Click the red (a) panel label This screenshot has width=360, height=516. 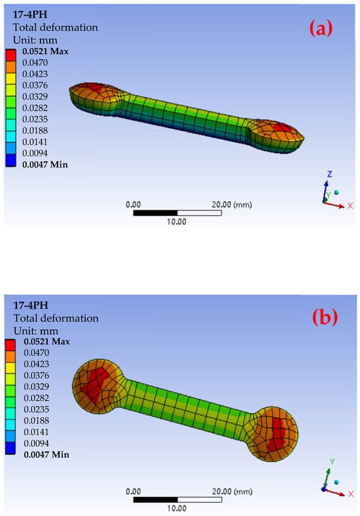point(321,29)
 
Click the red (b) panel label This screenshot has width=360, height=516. point(325,318)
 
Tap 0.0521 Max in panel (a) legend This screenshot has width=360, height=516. point(45,51)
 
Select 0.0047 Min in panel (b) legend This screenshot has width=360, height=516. point(46,455)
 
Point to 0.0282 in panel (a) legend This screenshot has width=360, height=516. point(35,108)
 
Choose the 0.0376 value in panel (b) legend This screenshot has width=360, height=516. point(36,375)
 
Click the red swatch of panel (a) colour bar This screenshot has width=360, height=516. point(10,55)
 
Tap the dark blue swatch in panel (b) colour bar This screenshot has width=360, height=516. point(10,448)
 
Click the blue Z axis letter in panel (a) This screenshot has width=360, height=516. point(329,174)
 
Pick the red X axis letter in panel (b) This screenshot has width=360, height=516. point(351,494)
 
